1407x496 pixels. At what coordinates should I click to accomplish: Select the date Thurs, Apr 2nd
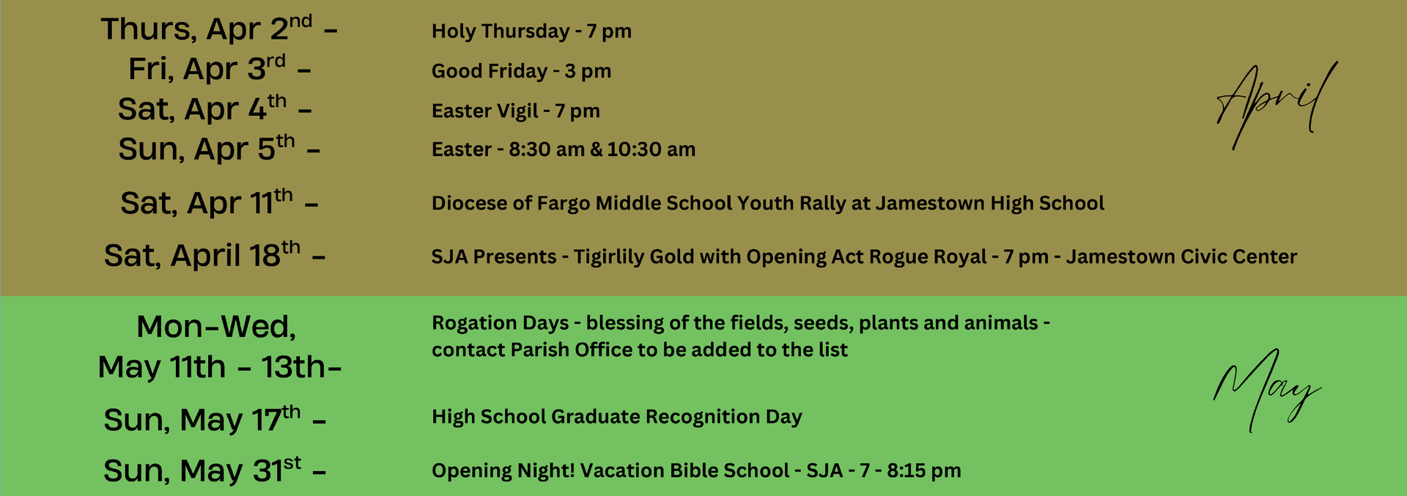tap(207, 29)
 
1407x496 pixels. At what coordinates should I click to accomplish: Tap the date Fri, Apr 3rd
tap(207, 68)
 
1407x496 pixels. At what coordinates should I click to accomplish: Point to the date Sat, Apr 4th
tap(202, 108)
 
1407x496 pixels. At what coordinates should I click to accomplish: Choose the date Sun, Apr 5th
tap(207, 149)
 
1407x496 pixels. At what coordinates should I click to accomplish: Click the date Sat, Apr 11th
tap(207, 202)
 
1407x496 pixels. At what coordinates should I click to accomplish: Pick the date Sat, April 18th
tap(202, 255)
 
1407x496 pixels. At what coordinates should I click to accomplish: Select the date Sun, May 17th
tap(202, 419)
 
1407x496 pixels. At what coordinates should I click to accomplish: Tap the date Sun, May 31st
tap(202, 470)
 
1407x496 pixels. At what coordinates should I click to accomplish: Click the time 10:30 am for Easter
tap(651, 149)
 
